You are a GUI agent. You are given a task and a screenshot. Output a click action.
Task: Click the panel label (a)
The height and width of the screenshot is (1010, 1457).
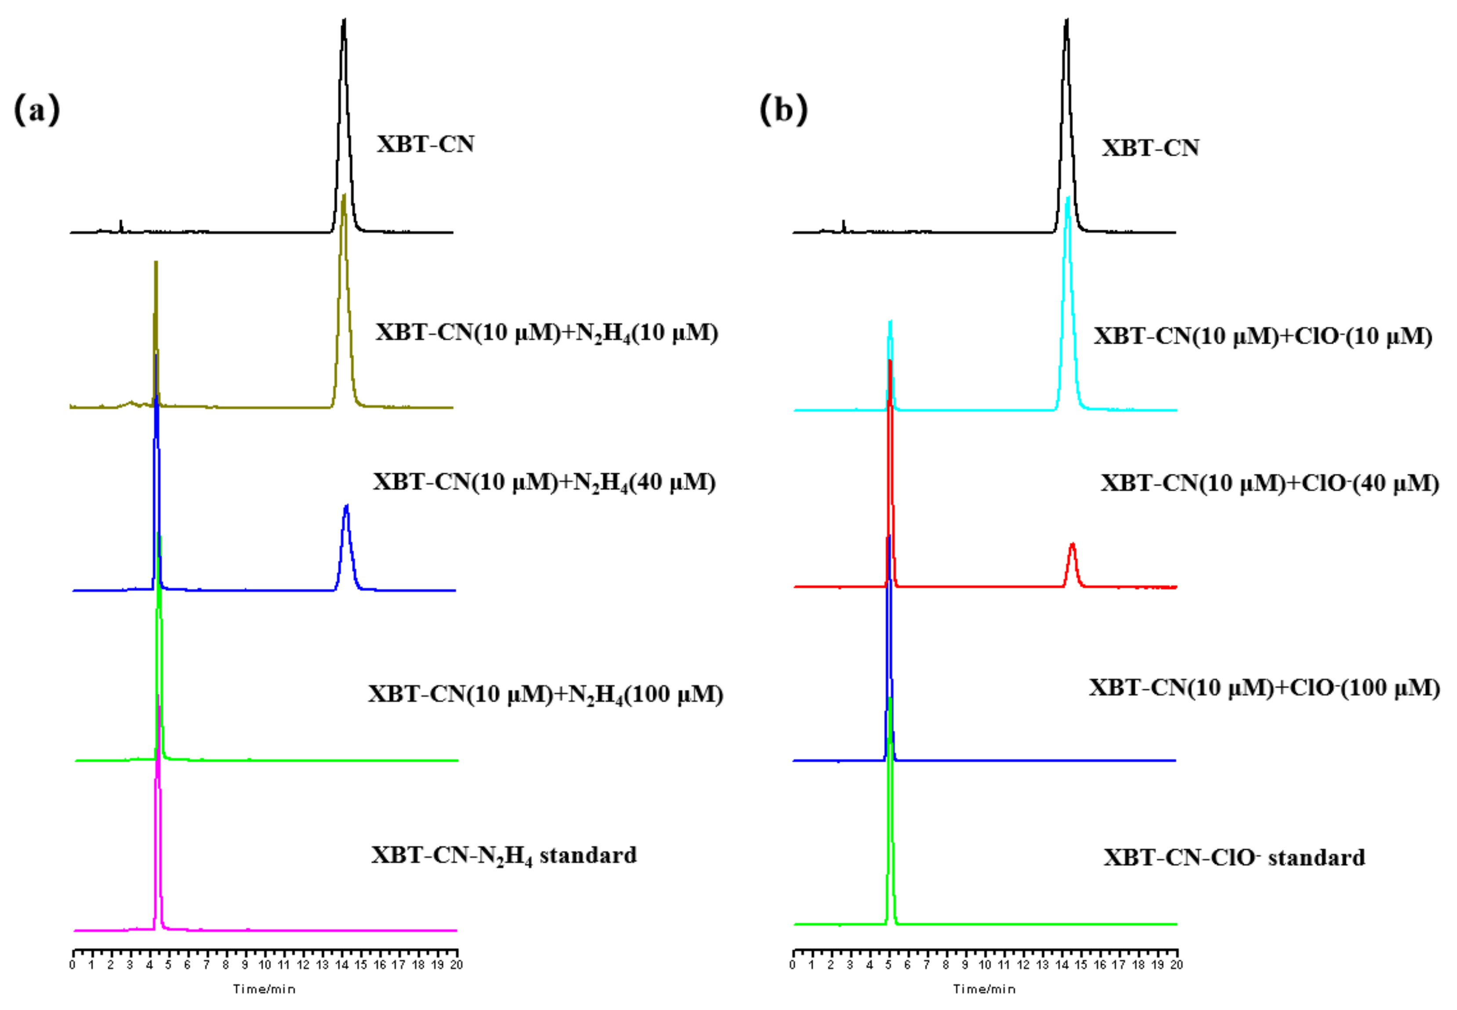point(37,109)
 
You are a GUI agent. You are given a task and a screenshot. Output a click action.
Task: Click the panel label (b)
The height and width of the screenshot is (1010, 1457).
point(783,109)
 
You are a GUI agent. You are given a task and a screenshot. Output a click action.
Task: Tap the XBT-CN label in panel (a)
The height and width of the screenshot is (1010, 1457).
point(425,144)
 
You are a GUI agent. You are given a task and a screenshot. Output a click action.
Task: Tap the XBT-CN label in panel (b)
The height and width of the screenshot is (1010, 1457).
point(1150,148)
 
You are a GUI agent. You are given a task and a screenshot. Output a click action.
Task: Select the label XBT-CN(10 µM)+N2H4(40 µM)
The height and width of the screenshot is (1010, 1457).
point(544,482)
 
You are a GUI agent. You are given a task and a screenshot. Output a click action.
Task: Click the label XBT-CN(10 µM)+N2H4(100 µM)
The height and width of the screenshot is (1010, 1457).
point(545,694)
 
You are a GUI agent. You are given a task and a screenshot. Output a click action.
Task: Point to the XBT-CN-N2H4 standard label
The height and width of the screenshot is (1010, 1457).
point(504,855)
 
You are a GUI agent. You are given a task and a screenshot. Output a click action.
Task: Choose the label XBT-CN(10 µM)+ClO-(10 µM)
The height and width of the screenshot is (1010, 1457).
point(1263,336)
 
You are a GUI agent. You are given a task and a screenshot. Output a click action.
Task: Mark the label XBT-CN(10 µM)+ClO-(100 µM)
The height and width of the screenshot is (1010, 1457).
point(1264,688)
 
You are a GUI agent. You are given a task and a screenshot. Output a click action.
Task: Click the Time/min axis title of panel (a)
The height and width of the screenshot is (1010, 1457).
point(264,989)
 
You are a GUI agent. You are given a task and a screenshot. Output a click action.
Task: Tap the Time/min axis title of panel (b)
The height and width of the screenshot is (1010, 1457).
point(984,989)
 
